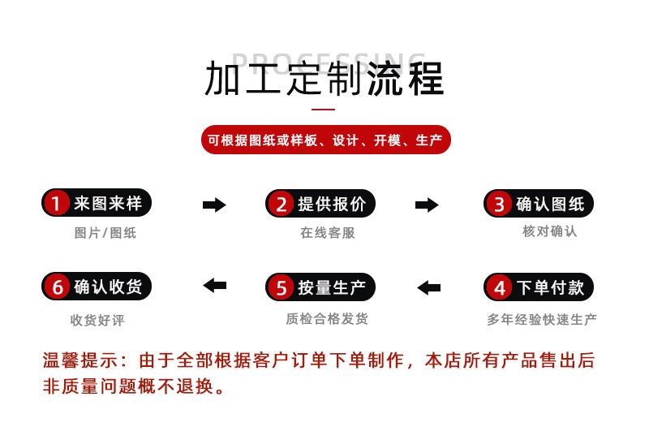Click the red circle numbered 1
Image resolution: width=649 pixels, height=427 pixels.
tap(56, 203)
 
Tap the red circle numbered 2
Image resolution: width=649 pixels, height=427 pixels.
tap(281, 204)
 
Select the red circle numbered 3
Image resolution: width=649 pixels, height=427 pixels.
tap(499, 204)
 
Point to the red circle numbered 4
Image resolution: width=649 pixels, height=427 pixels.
tap(500, 287)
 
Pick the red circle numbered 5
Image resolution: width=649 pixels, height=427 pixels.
tap(281, 287)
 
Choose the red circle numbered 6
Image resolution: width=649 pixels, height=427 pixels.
tap(57, 287)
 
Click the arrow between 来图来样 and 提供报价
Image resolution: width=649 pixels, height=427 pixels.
tap(214, 205)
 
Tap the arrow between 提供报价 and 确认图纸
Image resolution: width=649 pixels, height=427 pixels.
tap(427, 205)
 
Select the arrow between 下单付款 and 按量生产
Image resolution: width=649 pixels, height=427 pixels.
tap(428, 287)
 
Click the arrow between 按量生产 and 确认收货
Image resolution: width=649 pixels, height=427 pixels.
tap(214, 285)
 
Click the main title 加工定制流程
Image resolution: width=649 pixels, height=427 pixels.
tap(324, 79)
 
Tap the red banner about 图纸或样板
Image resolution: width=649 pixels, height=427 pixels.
tap(324, 140)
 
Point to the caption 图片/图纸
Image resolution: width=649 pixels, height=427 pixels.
tap(105, 233)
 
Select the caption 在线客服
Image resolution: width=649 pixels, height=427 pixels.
tap(328, 233)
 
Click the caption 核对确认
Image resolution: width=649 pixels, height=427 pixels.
tap(549, 231)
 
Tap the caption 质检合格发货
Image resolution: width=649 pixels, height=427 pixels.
tap(327, 319)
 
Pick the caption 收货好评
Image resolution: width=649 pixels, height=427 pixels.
tap(97, 320)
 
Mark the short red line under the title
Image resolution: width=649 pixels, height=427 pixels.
tap(324, 109)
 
